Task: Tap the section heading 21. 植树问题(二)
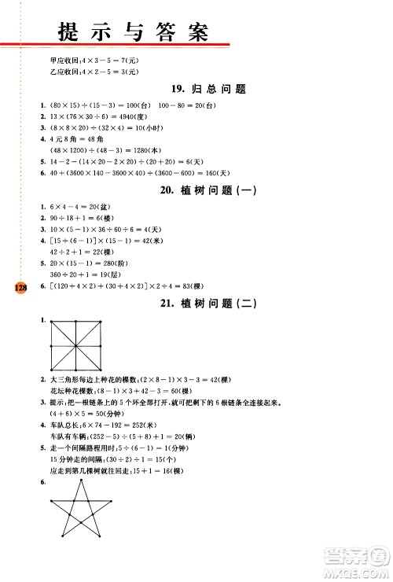pyautogui.click(x=208, y=303)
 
